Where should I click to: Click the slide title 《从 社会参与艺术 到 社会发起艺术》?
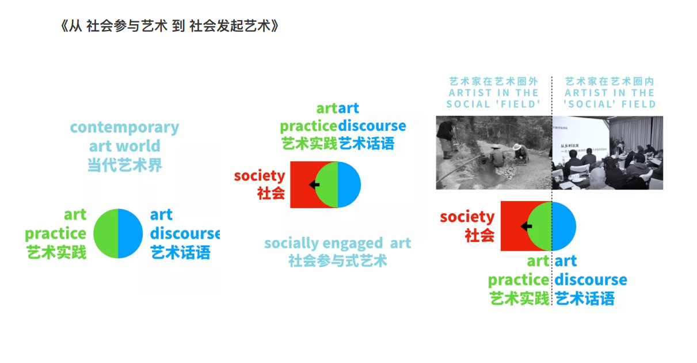coord(169,27)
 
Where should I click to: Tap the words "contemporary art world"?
coord(124,137)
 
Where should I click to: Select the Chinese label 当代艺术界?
coord(124,165)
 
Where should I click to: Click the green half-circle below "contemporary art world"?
coord(106,233)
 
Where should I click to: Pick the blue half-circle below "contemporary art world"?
coord(130,233)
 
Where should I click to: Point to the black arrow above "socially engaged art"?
coord(314,184)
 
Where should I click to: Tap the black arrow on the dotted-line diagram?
coord(526,226)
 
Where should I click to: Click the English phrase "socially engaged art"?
coord(337,243)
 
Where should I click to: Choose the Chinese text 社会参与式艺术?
coord(337,261)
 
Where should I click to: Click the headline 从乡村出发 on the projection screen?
coord(567,146)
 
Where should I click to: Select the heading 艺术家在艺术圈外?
coord(493,82)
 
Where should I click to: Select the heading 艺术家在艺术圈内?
coord(610,82)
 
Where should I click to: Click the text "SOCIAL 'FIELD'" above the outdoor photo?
coord(493,104)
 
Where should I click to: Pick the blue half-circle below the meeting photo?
coord(564,226)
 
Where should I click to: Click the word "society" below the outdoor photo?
coord(467,217)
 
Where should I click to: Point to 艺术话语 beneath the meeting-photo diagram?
coord(584,298)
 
